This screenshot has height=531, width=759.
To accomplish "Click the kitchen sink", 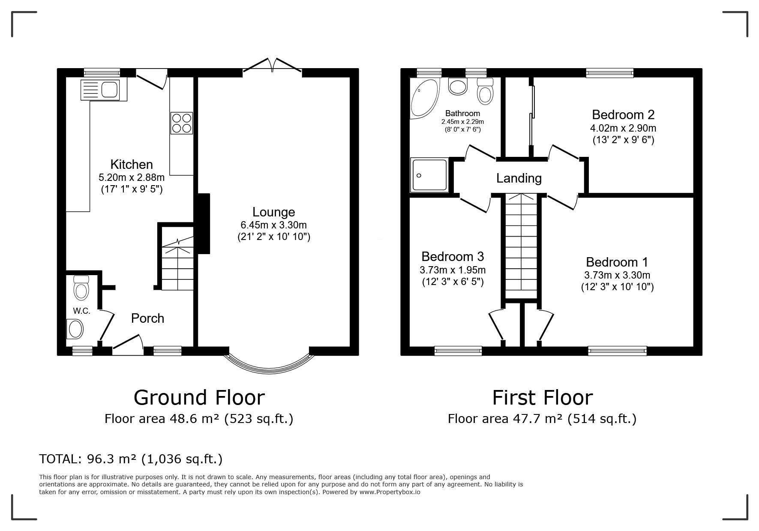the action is coord(103,90).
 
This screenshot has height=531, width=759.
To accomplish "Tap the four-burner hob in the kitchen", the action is coord(181,123).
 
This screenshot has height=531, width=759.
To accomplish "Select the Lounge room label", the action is coord(273,212).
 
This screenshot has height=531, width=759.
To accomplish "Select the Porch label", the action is coord(147,318).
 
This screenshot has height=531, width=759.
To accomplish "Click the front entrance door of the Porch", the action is coord(128,345).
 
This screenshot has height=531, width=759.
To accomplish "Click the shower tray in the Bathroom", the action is coord(429,174).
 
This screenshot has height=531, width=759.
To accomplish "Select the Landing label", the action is coord(519,178).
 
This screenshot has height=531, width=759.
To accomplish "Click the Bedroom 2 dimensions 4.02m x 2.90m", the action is coord(623,128).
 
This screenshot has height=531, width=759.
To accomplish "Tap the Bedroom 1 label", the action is coord(617,262).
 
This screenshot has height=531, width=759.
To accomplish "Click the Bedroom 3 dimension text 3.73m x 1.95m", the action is coord(453,270).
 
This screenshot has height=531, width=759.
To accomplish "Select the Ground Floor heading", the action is coord(199,397).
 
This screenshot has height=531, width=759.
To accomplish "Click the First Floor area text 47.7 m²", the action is coord(542,418).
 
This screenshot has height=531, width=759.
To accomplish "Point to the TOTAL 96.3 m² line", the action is coord(131,459).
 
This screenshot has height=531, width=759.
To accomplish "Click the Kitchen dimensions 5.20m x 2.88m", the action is coord(132,177).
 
